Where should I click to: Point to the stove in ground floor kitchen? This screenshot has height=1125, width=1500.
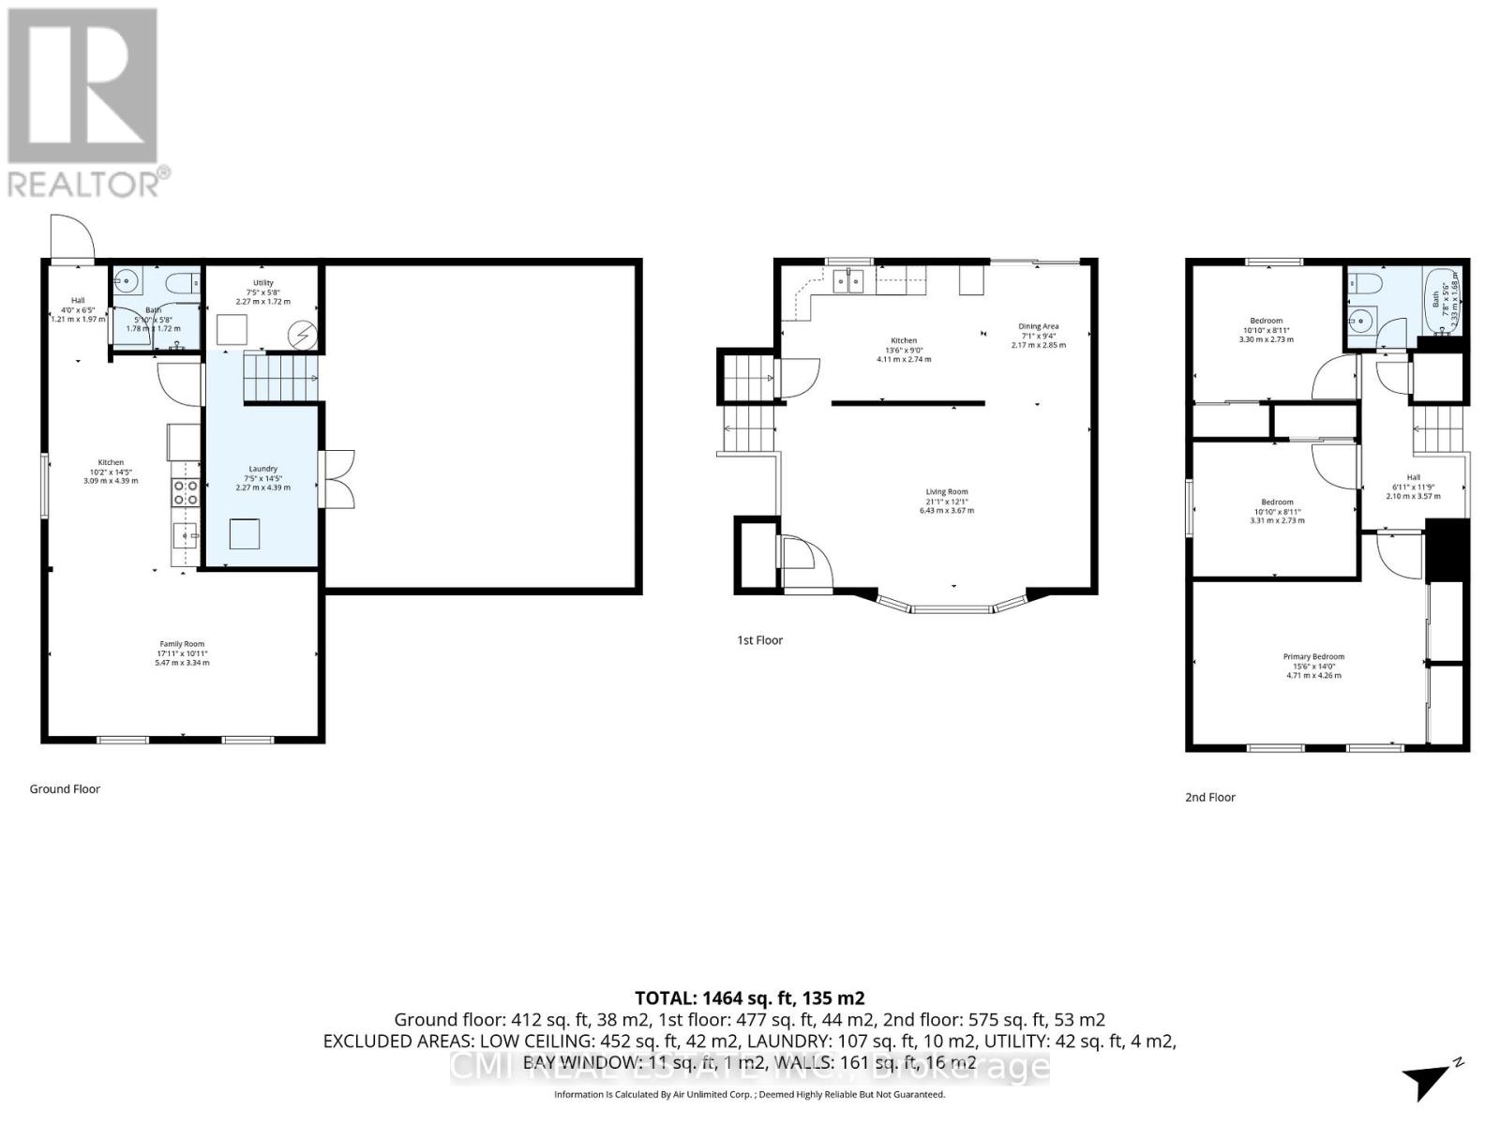tap(186, 492)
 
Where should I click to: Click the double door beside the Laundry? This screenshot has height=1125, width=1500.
tap(337, 479)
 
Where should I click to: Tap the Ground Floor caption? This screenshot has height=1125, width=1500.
tap(65, 788)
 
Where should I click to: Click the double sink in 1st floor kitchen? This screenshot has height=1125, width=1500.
tap(849, 280)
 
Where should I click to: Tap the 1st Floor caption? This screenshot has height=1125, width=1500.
tap(759, 640)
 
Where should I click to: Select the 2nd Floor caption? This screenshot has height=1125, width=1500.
tap(1209, 797)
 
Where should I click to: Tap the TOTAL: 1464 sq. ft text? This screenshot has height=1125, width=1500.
tap(749, 998)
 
